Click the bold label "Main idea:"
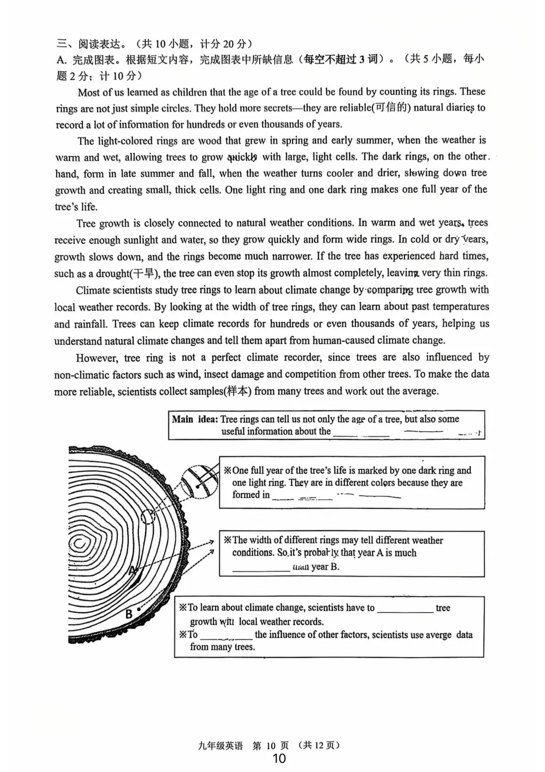[195, 419]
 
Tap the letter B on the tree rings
[129, 613]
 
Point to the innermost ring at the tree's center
[79, 544]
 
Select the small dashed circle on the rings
[148, 517]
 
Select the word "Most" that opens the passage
[89, 92]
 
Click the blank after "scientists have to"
[405, 609]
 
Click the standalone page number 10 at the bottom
[279, 758]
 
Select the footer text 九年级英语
[221, 745]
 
